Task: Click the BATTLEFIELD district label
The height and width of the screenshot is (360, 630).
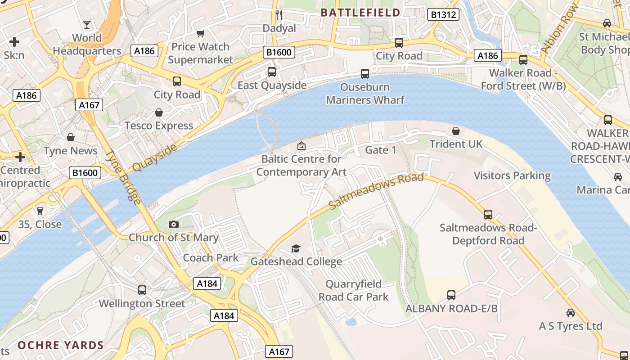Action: [x=360, y=13]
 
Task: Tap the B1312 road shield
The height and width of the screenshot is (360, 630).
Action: [x=443, y=15]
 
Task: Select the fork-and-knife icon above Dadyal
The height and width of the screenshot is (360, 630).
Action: [x=279, y=15]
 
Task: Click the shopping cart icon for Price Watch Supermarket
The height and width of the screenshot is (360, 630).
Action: [x=201, y=33]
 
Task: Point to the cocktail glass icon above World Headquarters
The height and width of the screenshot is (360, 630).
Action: [x=87, y=24]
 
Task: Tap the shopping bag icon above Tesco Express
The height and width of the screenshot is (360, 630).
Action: [x=159, y=112]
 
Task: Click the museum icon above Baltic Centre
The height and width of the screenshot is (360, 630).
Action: [x=301, y=146]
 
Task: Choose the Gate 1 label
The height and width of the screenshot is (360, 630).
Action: [x=380, y=150]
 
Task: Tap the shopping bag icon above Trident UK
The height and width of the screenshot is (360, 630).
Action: [x=456, y=131]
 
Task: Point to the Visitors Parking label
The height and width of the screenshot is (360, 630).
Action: [x=512, y=175]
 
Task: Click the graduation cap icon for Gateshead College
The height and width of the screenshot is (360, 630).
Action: [x=296, y=248]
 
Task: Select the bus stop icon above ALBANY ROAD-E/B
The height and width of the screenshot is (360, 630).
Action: [x=451, y=295]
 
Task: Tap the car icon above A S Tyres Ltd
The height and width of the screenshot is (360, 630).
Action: [x=571, y=312]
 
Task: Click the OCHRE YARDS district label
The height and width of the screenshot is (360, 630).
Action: [x=61, y=346]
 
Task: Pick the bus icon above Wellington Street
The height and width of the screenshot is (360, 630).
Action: [x=142, y=290]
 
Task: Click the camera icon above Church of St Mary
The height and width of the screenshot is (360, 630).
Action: [x=173, y=224]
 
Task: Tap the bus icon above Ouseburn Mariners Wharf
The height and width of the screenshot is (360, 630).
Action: [x=365, y=73]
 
